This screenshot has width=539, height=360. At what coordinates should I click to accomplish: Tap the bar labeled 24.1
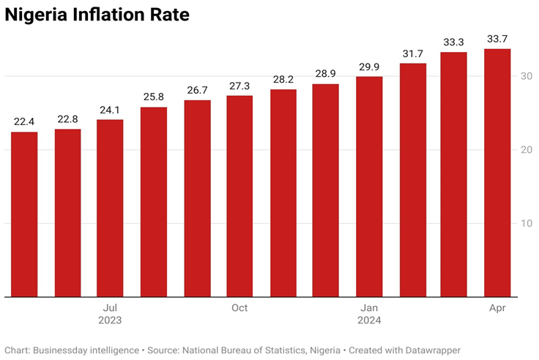point(110,209)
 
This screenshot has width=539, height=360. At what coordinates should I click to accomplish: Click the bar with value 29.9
point(369,187)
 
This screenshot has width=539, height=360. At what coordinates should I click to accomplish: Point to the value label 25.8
point(154,97)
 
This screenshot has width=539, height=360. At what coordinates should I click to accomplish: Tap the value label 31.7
point(412,53)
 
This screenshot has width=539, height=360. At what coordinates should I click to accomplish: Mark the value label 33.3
point(455,42)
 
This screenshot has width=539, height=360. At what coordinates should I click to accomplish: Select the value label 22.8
point(67,119)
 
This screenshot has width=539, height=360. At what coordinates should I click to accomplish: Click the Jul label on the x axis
point(110,308)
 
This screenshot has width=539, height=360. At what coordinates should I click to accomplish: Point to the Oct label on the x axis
point(239,308)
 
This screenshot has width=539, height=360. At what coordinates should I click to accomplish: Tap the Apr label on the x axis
point(498,308)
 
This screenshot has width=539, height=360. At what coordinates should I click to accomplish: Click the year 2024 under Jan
point(369,320)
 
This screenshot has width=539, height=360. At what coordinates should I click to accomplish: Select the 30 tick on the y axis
point(526,76)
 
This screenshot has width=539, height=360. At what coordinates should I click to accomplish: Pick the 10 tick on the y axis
point(526,223)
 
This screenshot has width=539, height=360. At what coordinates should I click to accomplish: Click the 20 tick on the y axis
point(526,150)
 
